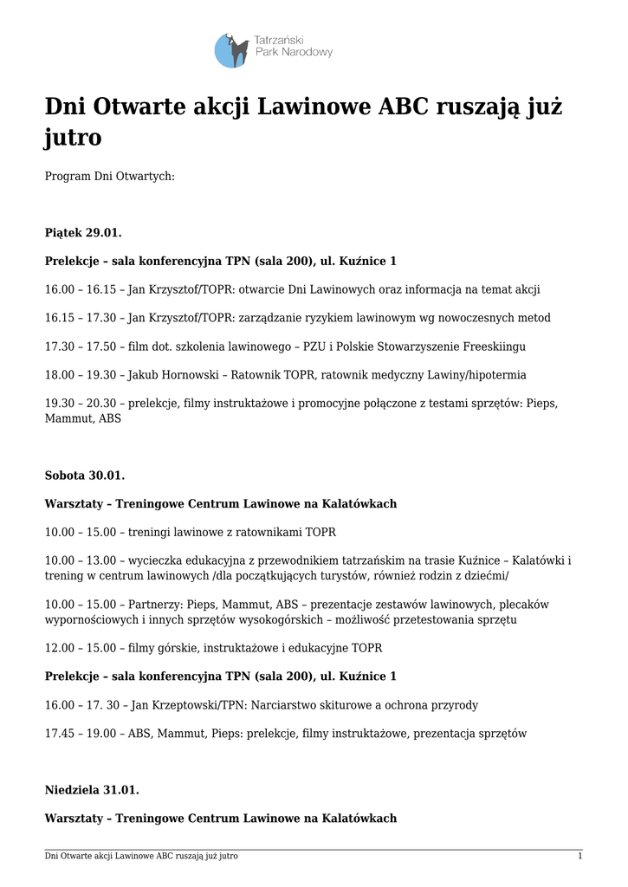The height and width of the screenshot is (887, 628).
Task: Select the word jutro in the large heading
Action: point(74,138)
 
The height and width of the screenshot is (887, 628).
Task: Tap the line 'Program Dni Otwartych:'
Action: point(109,176)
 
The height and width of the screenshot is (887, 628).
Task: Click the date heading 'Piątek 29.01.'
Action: point(83,232)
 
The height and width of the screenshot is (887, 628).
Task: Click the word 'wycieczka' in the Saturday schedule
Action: point(155,560)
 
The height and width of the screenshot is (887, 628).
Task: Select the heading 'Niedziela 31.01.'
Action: point(91,790)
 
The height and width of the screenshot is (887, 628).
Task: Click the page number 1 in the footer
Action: point(579,856)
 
